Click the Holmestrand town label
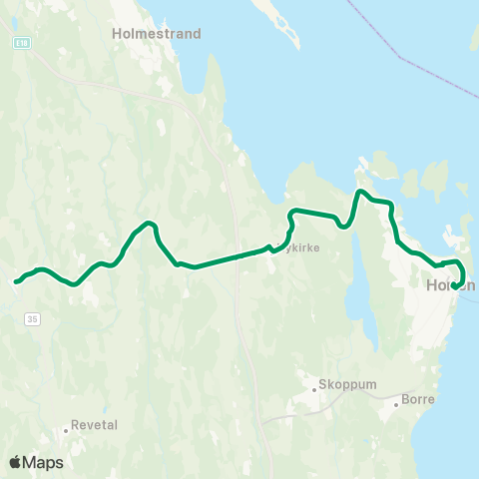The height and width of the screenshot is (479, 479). (x=163, y=33)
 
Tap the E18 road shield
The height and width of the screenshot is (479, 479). (x=22, y=44)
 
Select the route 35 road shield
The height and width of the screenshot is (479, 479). (x=34, y=318)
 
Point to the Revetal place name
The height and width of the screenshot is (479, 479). (x=96, y=424)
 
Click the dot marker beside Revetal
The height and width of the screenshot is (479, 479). (x=67, y=430)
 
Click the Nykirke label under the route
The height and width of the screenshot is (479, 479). (x=301, y=248)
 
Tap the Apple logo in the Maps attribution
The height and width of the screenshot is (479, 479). (x=15, y=462)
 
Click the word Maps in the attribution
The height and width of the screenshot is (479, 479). (x=43, y=462)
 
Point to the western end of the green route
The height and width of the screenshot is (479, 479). (x=16, y=282)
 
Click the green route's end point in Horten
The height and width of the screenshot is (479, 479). (x=455, y=286)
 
